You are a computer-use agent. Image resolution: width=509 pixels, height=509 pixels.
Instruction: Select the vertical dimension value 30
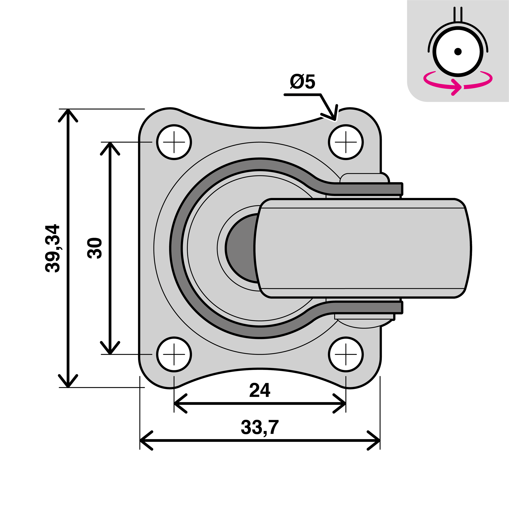click(95, 248)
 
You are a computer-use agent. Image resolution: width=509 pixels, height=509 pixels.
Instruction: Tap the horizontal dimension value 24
click(260, 390)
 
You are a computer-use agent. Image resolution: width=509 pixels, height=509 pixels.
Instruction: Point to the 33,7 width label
click(260, 427)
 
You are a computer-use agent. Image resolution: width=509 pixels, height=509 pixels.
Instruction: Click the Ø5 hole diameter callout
click(303, 82)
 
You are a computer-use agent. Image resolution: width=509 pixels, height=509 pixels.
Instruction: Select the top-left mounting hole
click(174, 142)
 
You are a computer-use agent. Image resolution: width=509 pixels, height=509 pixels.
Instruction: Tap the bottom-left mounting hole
click(174, 354)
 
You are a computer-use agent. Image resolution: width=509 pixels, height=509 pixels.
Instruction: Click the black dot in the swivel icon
click(458, 51)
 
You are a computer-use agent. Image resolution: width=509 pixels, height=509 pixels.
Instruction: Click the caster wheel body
click(364, 248)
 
